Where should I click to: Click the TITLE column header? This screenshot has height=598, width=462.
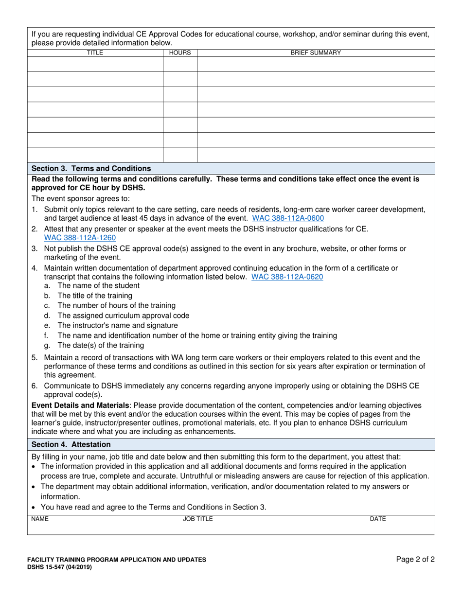tap(95, 53)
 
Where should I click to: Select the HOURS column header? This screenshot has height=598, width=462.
tap(180, 53)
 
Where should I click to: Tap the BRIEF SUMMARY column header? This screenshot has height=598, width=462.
tap(316, 53)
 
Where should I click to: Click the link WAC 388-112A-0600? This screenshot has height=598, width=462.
tap(288, 218)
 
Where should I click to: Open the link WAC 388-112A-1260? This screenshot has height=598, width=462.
tap(80, 238)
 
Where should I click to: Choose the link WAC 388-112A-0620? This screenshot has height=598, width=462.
tap(287, 277)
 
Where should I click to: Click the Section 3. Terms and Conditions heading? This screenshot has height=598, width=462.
tap(91, 168)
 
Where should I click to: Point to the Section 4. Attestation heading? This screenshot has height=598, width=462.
tap(71, 444)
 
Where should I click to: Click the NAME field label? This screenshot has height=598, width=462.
tap(40, 519)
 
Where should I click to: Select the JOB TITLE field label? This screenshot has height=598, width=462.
tap(197, 519)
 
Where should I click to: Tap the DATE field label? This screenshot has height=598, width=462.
tap(378, 519)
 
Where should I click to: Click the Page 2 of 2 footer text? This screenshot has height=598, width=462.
tap(415, 560)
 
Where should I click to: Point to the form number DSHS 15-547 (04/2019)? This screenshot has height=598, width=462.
tap(60, 567)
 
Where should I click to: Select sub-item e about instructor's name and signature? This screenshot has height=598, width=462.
tap(117, 325)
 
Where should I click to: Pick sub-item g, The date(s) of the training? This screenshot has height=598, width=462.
tap(100, 345)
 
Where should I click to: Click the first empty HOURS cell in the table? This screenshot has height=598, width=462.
tap(180, 64)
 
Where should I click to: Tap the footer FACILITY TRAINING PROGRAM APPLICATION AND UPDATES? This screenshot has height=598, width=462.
tap(116, 560)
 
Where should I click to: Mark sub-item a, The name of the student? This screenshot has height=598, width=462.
tap(98, 285)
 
